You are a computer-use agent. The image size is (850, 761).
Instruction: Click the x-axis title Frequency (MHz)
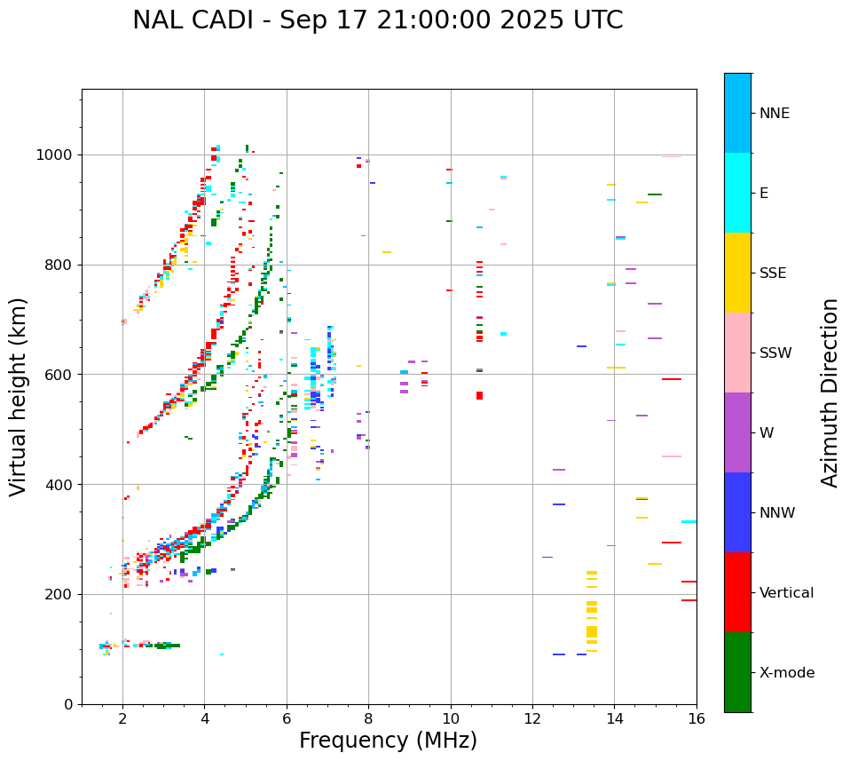(x=388, y=741)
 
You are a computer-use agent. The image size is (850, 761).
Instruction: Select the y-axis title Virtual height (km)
(x=19, y=396)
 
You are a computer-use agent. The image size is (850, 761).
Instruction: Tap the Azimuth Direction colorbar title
(x=830, y=392)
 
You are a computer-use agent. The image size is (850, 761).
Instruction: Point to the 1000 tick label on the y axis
(x=55, y=155)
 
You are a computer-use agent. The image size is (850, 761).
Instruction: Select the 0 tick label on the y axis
(x=68, y=704)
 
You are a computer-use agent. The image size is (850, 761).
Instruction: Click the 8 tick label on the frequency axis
(x=368, y=718)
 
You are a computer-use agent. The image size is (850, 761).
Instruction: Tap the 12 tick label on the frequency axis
(x=532, y=718)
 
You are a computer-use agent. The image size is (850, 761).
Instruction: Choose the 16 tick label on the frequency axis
(x=697, y=718)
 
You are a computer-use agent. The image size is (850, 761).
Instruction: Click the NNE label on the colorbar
(x=774, y=114)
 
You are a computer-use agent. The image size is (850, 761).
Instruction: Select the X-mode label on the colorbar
(x=786, y=673)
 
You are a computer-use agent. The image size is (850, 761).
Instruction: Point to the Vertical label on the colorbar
(x=786, y=593)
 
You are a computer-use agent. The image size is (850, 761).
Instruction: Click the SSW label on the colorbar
(x=775, y=353)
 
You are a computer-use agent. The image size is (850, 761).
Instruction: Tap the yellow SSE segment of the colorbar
(x=737, y=273)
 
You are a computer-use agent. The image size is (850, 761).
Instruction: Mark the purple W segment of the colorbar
(x=737, y=432)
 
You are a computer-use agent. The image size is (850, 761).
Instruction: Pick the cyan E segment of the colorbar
(x=737, y=193)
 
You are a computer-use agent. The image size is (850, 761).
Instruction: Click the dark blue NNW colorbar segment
(x=737, y=512)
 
